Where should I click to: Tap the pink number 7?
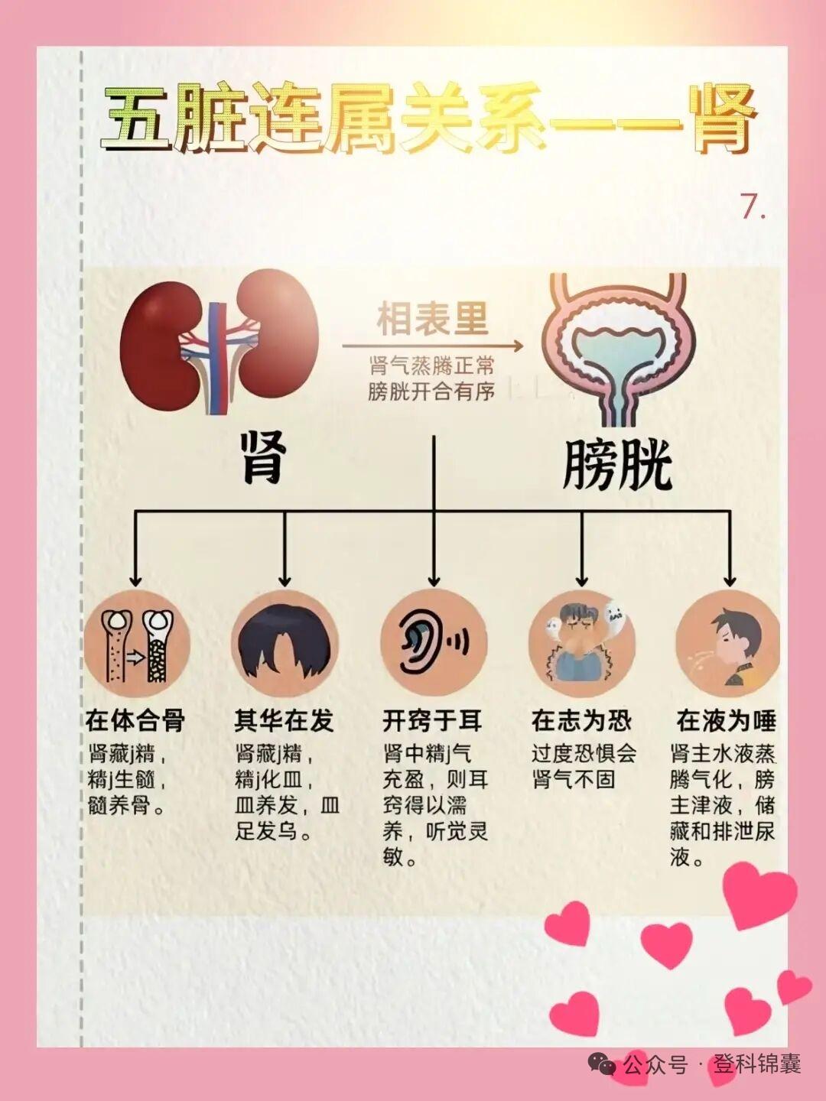coord(752,206)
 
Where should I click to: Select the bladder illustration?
coord(613,348)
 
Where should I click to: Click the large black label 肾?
coord(264,457)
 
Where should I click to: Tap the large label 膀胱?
coord(616,464)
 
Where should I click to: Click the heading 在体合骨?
coord(135,720)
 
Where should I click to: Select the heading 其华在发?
coord(284,720)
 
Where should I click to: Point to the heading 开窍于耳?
coord(432,720)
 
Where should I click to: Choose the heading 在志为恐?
coord(581,720)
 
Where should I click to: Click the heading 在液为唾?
coord(726,720)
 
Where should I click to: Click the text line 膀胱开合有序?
coord(431,391)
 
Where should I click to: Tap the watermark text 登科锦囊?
coord(757,1064)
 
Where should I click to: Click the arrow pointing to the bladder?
coord(433,346)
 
